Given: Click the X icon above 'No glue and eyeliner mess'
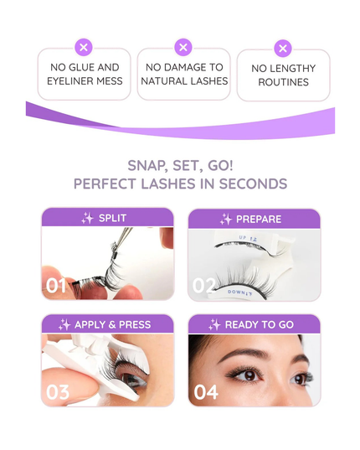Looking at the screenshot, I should (x=84, y=47).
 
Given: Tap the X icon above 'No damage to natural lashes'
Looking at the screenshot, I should (x=184, y=47).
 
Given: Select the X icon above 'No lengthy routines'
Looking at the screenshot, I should (x=283, y=49).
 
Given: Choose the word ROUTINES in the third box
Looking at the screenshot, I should (x=283, y=82).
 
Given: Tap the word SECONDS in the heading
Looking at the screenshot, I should (x=253, y=184).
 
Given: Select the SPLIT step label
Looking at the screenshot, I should (x=113, y=219).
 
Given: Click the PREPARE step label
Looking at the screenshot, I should (x=259, y=220).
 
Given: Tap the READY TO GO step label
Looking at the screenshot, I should (x=260, y=324).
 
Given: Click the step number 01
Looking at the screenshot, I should (x=56, y=286).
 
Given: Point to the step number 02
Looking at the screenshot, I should (x=204, y=286).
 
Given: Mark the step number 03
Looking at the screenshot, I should (x=58, y=391).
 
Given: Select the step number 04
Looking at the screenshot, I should (x=206, y=391).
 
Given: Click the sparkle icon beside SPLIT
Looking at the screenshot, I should (x=87, y=219).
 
